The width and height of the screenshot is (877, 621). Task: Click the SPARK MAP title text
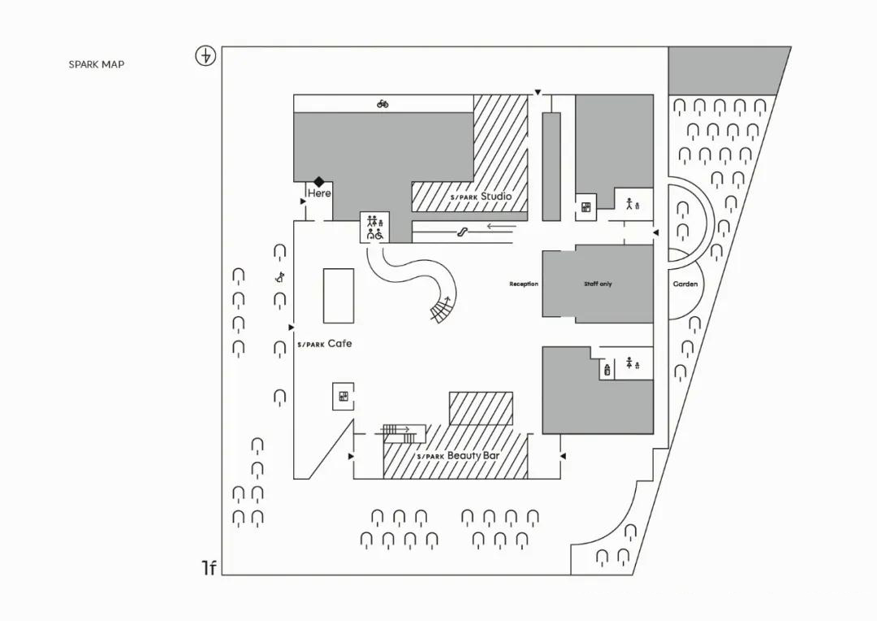tap(96, 64)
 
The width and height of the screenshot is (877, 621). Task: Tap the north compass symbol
tap(205, 56)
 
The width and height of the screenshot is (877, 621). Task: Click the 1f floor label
tap(209, 568)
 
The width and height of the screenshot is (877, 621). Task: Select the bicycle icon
tap(382, 103)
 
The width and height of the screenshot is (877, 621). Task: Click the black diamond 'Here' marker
tap(319, 181)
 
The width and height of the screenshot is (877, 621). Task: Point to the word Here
tap(319, 193)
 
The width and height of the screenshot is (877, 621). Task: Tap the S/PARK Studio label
tap(481, 197)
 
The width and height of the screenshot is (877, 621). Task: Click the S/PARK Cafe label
tap(324, 344)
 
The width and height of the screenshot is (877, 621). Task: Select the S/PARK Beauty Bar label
tap(458, 456)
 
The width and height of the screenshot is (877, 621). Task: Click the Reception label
tap(524, 284)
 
